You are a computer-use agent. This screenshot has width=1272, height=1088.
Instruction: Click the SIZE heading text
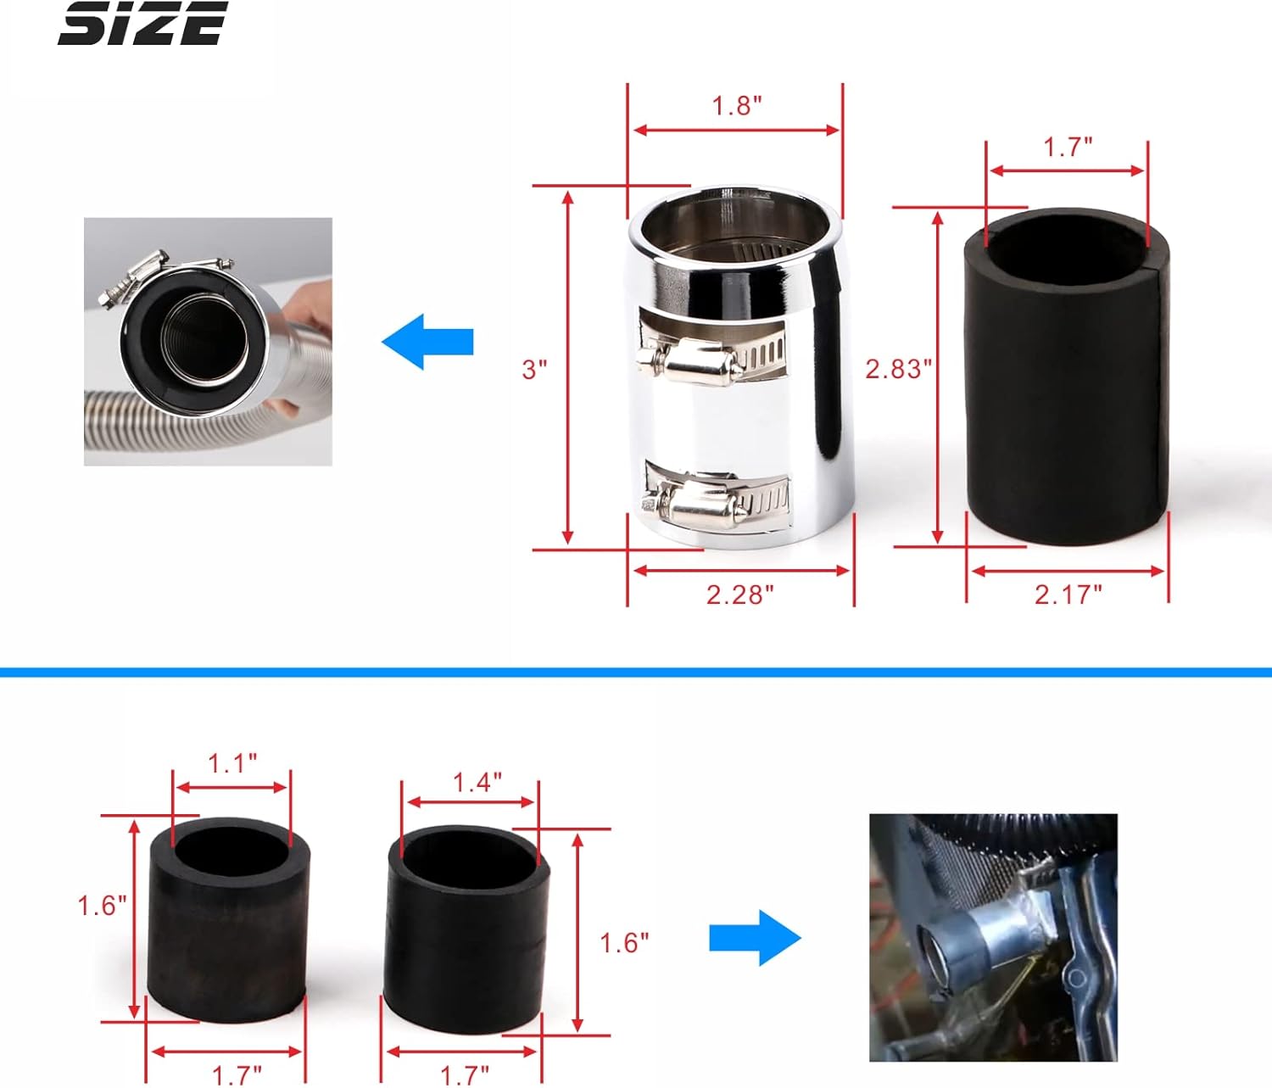[x=142, y=24]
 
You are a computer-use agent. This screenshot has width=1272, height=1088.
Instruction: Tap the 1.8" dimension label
[x=736, y=106]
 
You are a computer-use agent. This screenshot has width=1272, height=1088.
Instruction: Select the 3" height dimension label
[x=534, y=369]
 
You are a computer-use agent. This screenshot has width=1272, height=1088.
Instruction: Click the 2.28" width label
[x=739, y=594]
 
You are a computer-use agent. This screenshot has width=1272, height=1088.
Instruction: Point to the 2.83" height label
[x=898, y=369]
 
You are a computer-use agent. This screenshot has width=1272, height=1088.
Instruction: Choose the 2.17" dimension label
[x=1068, y=594]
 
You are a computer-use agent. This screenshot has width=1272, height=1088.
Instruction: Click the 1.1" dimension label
[x=232, y=763]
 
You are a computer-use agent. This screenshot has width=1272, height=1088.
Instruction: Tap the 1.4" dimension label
[x=477, y=782]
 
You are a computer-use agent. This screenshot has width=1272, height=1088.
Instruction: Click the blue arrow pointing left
[x=427, y=342]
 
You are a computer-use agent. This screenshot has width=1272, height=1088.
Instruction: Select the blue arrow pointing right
[x=755, y=938]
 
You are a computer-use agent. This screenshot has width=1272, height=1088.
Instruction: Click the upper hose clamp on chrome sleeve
[x=712, y=360]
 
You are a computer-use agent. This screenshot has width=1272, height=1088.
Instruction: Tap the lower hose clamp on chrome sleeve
[x=717, y=503]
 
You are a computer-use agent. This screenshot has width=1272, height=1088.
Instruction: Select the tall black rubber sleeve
[x=1067, y=382]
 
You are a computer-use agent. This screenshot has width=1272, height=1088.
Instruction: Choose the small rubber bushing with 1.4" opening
[x=466, y=929]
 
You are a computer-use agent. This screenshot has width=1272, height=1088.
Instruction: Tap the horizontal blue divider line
[x=636, y=672]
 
